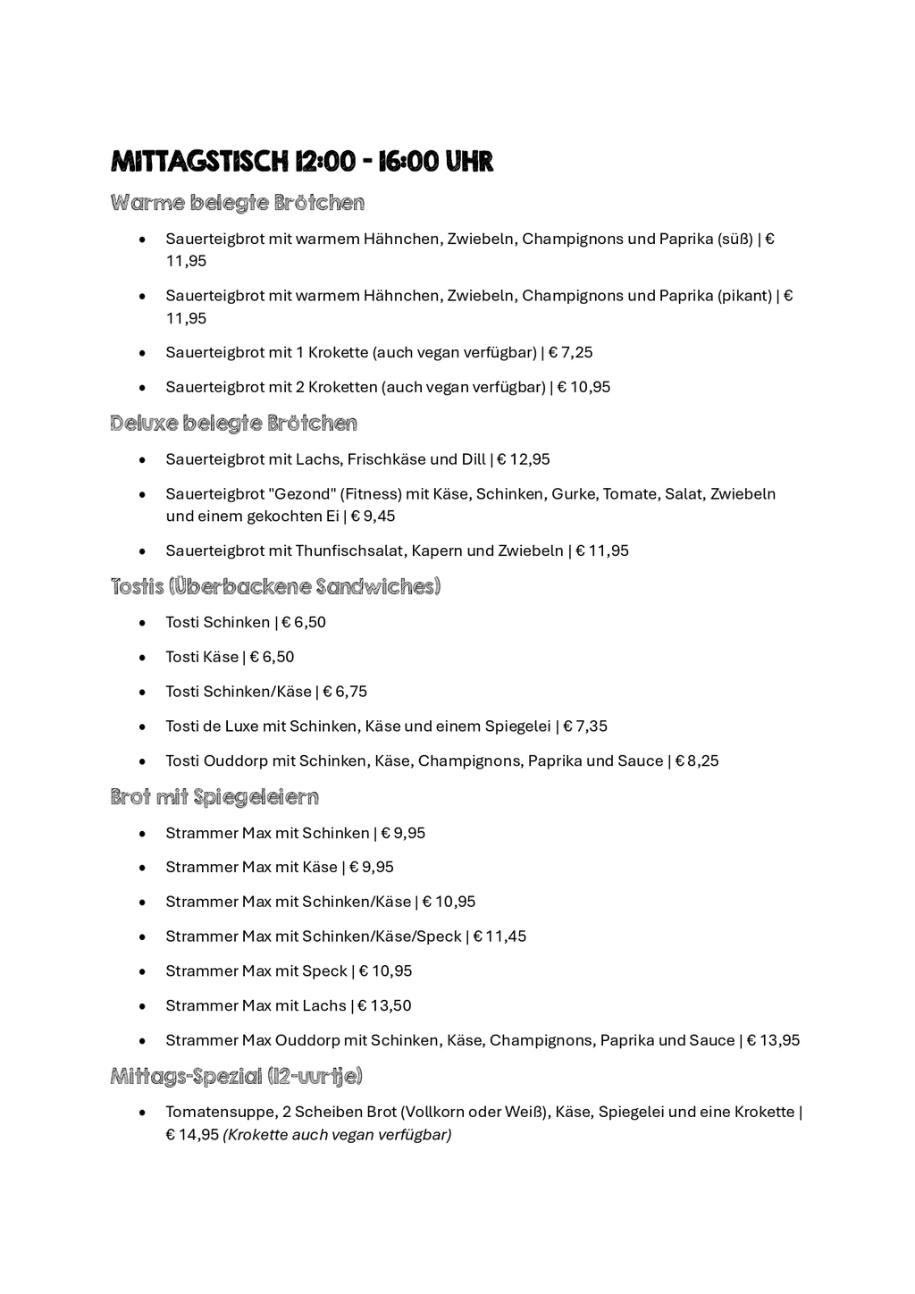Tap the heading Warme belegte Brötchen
point(238,203)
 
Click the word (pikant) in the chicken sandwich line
point(744,295)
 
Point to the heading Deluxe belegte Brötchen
point(234,423)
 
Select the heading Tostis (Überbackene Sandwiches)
point(276,586)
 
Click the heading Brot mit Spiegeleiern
point(215,796)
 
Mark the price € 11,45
point(499,937)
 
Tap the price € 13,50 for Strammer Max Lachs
point(385,1005)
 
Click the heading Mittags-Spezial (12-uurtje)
point(237,1076)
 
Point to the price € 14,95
point(192,1135)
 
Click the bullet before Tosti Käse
point(142,658)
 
